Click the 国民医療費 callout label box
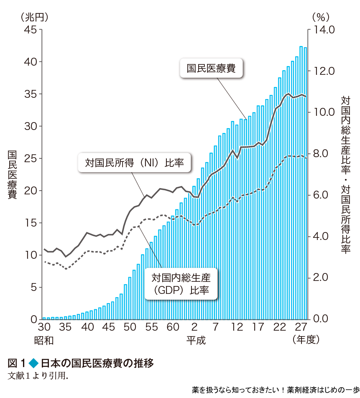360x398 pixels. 211,68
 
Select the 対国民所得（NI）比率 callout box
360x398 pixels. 135,162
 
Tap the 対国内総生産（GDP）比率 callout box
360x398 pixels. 181,283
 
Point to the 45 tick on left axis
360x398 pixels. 31,30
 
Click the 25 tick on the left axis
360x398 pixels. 31,158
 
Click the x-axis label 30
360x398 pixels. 44,327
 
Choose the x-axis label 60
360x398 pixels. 173,327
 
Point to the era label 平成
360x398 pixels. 196,340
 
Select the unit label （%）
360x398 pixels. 321,17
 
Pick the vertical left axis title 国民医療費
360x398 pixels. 12,175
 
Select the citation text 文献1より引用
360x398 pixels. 38,375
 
